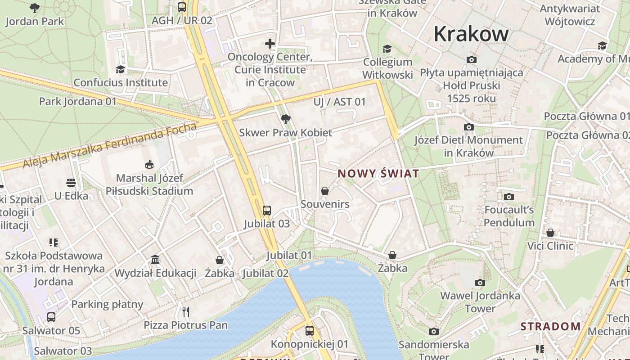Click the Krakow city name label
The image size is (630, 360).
pyautogui.click(x=471, y=34)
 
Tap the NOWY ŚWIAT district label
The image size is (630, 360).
pyautogui.click(x=378, y=174)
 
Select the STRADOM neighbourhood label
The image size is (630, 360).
pyautogui.click(x=550, y=326)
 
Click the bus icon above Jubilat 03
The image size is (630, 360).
pyautogui.click(x=267, y=210)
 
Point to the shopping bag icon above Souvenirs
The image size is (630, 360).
pyautogui.click(x=325, y=191)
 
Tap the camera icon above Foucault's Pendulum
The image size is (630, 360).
pyautogui.click(x=509, y=197)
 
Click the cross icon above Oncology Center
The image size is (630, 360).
pyautogui.click(x=270, y=44)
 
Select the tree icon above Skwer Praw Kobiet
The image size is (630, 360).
pyautogui.click(x=285, y=119)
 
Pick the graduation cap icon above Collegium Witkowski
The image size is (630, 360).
pyautogui.click(x=387, y=49)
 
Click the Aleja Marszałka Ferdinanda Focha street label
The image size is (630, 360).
pyautogui.click(x=110, y=145)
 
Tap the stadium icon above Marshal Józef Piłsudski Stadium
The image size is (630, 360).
pyautogui.click(x=149, y=165)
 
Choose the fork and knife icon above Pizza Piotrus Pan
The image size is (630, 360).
pyautogui.click(x=186, y=311)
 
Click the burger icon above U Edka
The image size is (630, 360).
pyautogui.click(x=71, y=183)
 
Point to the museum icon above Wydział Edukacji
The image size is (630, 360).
pyautogui.click(x=155, y=260)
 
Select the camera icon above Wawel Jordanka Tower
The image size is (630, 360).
pyautogui.click(x=480, y=283)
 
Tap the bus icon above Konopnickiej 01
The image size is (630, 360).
pyautogui.click(x=310, y=331)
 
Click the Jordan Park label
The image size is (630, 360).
pyautogui.click(x=35, y=21)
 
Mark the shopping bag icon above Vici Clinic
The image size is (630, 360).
pyautogui.click(x=550, y=233)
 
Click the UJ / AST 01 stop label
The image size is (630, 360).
pyautogui.click(x=340, y=102)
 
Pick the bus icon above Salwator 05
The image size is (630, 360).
pyautogui.click(x=51, y=317)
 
